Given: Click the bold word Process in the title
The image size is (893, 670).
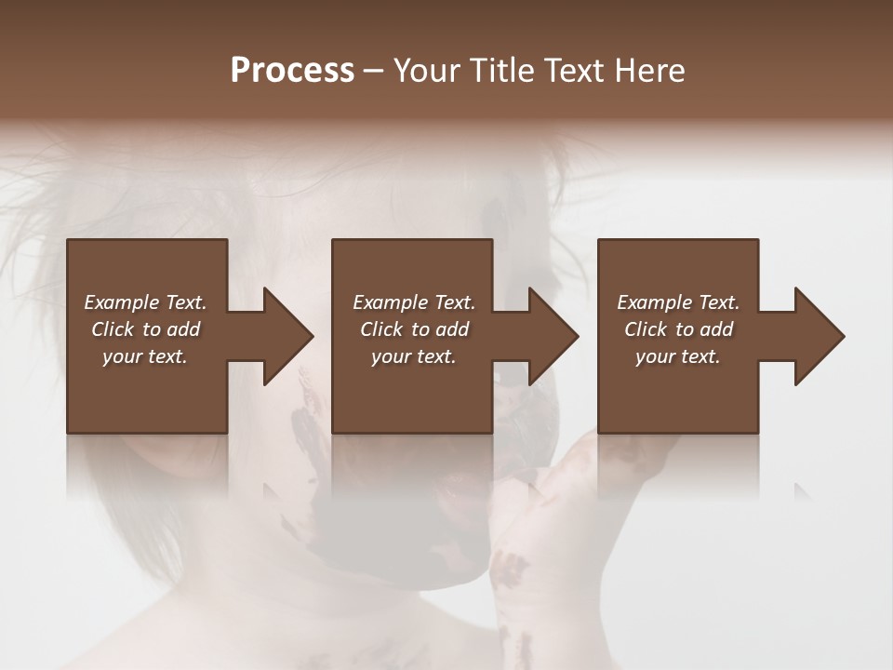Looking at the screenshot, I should pos(292,71).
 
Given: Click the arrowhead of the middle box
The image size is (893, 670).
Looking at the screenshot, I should pos(553,336).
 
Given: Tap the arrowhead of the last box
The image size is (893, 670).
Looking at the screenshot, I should pos(819,336).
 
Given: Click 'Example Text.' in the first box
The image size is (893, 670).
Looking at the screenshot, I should pos(145,302).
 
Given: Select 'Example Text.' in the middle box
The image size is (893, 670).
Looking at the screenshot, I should pos(414,302).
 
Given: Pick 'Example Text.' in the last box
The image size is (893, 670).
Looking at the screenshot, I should pos(678,302).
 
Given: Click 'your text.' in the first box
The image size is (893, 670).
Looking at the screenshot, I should pos(145,356).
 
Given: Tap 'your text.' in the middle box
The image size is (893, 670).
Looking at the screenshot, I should pos(414,356).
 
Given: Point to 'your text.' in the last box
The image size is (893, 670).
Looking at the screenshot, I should pos(678,356).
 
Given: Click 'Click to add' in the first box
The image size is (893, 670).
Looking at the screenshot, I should pos(145,329).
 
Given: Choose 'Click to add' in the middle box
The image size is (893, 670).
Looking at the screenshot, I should pos(414,329).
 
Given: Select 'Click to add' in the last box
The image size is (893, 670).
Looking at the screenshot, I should pos(678,329).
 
